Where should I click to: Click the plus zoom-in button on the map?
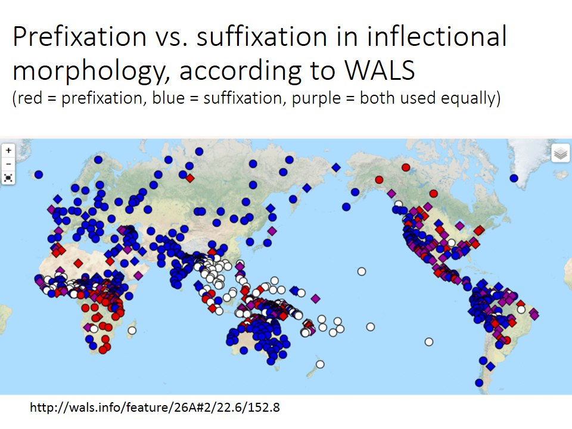8,151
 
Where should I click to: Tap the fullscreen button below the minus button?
8,177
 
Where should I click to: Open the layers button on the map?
559,154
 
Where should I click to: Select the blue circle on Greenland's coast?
514,178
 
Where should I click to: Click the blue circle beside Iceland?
39,175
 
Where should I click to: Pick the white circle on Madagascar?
132,330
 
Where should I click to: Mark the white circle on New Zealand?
320,364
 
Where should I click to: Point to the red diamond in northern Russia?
190,178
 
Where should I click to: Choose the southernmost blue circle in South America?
478,383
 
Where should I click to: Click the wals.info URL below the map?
155,408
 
